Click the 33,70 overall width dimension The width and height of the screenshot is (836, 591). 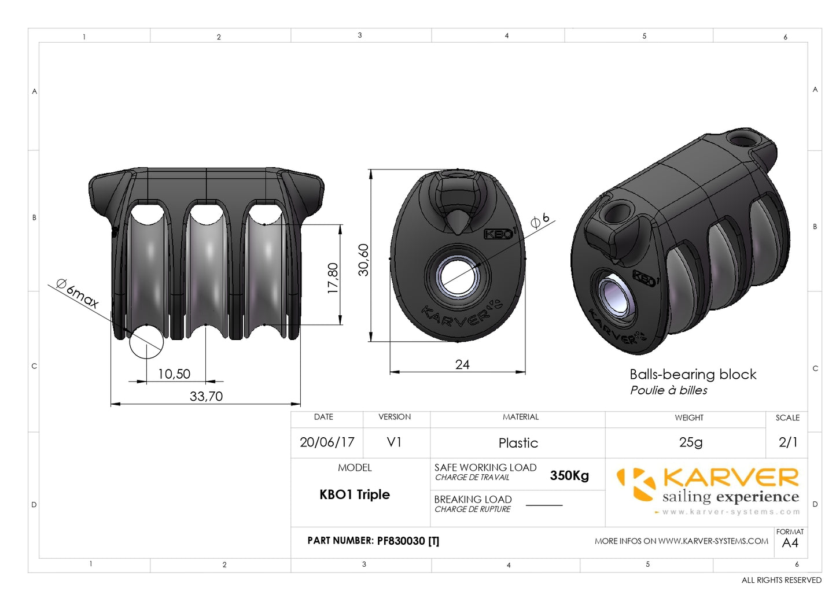pos(206,396)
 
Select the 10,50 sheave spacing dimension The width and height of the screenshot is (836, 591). pos(174,374)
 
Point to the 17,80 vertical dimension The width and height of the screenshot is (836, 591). pos(333,278)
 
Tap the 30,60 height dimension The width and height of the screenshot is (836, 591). pos(363,260)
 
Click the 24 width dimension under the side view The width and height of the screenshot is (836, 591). pos(462,364)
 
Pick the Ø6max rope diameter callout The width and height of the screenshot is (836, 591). pos(78,293)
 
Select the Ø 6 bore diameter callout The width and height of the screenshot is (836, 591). pos(540,220)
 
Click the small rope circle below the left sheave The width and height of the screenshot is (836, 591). pos(146,342)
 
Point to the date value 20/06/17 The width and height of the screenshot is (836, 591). pos(327,442)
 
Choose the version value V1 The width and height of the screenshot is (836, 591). pos(394,442)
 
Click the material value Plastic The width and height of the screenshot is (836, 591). pos(518,443)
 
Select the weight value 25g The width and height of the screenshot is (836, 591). pos(690,442)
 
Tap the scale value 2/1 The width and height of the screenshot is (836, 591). pos(788,442)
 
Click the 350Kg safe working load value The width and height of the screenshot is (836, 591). pos(569,475)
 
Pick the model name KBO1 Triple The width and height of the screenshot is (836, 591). pos(355,494)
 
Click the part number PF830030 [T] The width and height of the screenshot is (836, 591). pos(408,541)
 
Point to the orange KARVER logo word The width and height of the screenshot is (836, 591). pos(731,478)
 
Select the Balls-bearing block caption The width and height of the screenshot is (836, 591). pos(693,375)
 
